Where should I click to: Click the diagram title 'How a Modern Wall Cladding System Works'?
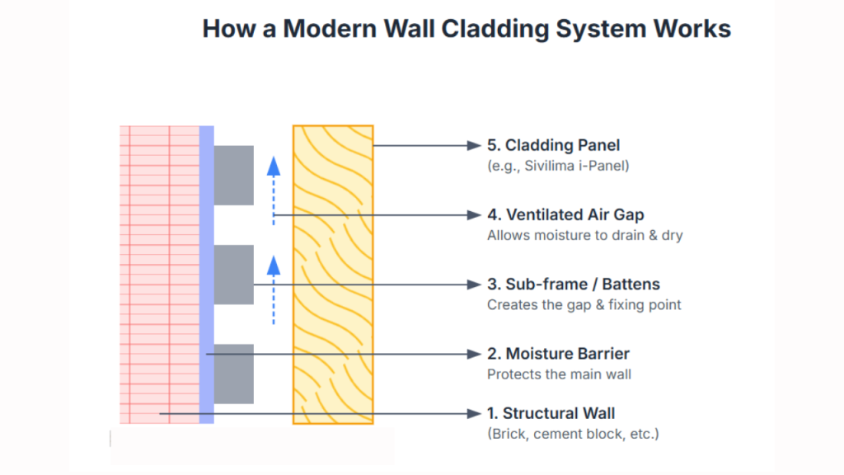(467, 29)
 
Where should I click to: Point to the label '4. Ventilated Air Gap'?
(565, 214)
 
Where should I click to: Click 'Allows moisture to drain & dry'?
(584, 235)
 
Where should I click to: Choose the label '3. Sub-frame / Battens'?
(573, 285)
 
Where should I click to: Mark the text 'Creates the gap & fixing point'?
(584, 304)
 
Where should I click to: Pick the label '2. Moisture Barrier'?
(558, 354)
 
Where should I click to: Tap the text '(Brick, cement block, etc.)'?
(573, 434)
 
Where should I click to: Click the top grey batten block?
(233, 175)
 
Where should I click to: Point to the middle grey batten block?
(233, 275)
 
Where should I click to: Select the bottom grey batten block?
(233, 374)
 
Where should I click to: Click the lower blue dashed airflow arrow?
(274, 289)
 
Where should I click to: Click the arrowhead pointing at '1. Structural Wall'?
(474, 413)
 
